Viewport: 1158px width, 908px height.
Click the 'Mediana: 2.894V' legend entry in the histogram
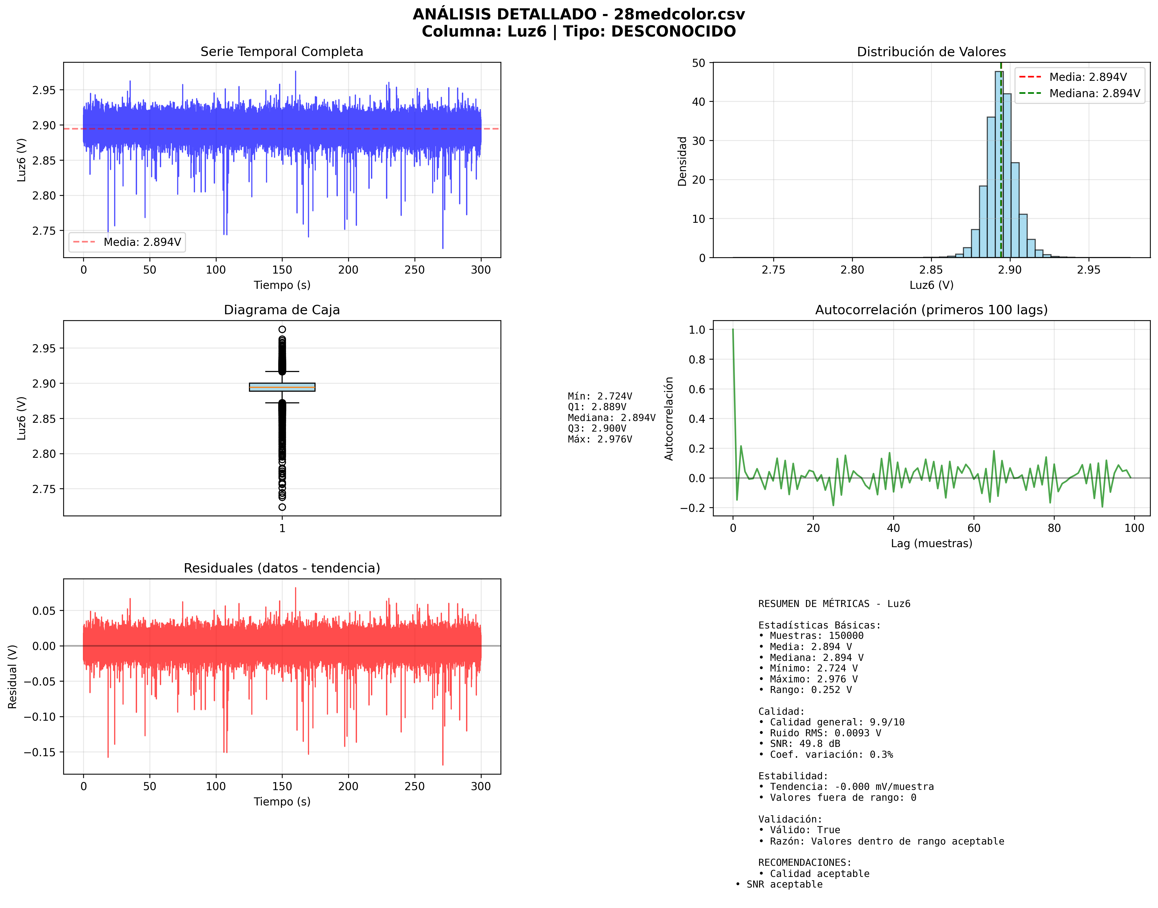[x=1094, y=94]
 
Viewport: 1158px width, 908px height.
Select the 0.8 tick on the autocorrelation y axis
[x=697, y=359]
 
